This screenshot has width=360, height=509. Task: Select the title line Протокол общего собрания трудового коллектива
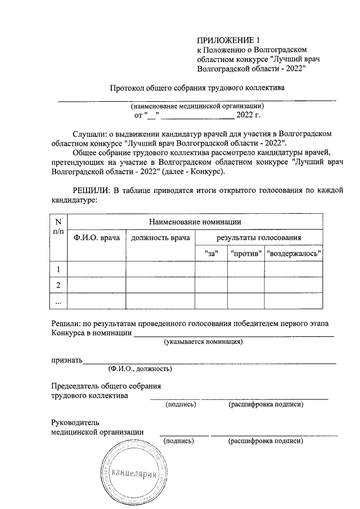[x=197, y=88]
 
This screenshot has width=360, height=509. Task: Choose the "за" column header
[x=211, y=254]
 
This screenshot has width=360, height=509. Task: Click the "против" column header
[x=246, y=254]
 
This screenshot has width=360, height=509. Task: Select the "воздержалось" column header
[x=294, y=254]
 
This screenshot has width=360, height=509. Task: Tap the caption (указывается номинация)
[x=203, y=341]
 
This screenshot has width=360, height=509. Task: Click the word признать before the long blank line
[x=67, y=360]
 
